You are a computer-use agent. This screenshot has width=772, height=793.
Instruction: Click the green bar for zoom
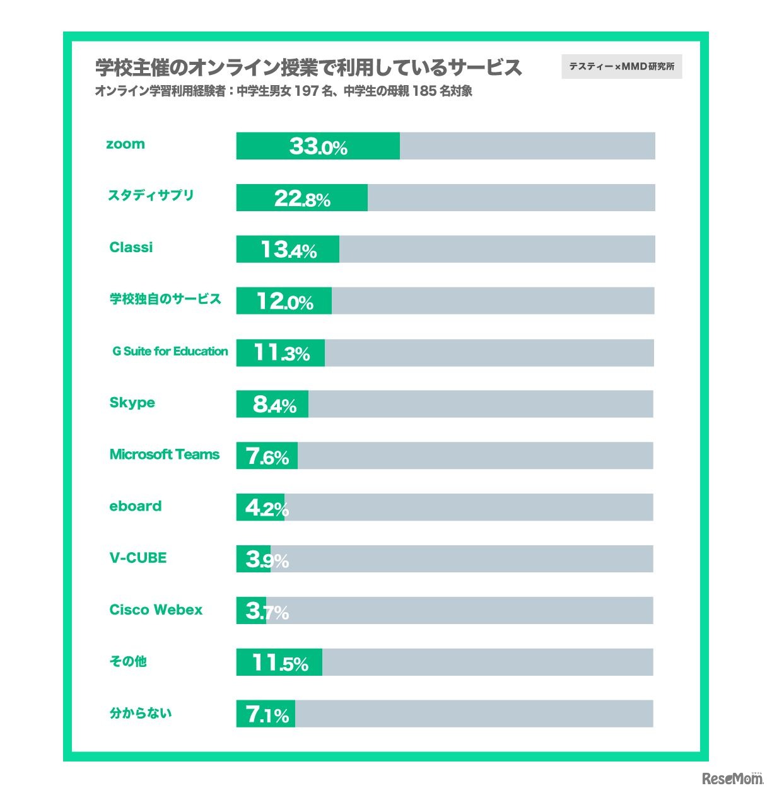click(318, 146)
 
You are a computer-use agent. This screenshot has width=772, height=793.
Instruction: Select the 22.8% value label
click(302, 199)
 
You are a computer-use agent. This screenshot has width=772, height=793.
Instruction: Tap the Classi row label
click(131, 247)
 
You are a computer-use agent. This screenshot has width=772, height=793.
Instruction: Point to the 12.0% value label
click(284, 301)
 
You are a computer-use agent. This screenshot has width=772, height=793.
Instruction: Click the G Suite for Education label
click(170, 351)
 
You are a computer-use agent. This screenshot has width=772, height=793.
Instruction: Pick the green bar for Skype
click(272, 404)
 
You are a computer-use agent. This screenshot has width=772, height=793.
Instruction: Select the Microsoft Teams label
click(165, 454)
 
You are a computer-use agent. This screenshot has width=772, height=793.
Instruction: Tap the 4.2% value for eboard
click(266, 507)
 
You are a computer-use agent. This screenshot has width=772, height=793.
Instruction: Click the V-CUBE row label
click(138, 558)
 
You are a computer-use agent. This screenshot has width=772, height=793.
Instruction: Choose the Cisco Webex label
click(156, 610)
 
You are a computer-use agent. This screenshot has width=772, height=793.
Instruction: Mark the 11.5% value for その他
click(280, 663)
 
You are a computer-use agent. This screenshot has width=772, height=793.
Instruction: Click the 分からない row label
click(141, 713)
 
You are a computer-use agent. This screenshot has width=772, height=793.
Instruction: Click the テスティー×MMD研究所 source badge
click(621, 67)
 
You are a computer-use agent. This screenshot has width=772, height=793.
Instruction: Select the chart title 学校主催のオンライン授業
click(308, 67)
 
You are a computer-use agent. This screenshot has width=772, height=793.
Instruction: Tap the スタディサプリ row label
click(151, 195)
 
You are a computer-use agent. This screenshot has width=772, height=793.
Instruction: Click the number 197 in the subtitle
click(306, 91)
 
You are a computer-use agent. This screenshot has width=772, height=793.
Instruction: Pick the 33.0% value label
click(318, 146)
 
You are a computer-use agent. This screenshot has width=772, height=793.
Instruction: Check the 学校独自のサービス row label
click(165, 299)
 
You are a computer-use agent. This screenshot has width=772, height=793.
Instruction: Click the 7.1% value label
click(267, 714)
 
